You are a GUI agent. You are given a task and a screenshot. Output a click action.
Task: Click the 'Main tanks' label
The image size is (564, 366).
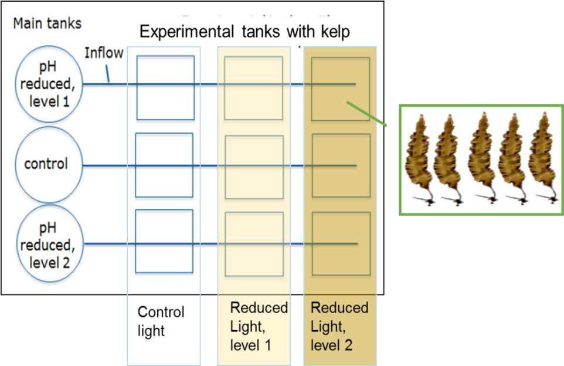(47, 23)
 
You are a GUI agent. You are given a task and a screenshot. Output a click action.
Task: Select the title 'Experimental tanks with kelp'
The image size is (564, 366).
(244, 31)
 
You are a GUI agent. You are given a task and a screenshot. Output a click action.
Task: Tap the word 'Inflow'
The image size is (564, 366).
(104, 53)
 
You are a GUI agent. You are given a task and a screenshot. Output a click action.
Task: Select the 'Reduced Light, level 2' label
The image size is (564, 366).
(339, 326)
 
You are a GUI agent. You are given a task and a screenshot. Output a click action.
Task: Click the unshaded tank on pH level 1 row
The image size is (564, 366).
(165, 87)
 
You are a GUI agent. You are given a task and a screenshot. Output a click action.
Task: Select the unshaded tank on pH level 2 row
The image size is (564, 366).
(164, 241)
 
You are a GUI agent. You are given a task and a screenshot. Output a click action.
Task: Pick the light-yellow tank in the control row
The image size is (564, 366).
(254, 167)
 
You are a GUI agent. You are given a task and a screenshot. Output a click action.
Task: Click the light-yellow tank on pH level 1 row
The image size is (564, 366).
(254, 88)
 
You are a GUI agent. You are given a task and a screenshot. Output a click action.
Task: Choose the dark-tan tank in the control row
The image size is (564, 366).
(341, 165)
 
